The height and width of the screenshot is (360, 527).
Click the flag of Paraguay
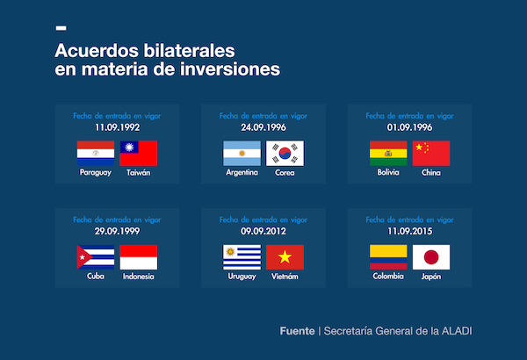point(96,153)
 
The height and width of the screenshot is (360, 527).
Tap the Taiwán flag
point(138,153)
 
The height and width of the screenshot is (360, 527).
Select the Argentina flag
point(242,153)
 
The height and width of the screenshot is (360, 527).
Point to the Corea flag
point(285,153)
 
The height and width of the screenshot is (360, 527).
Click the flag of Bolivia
point(388,153)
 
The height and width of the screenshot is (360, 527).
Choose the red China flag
point(430,153)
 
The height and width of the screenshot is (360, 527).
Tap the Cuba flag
point(96,257)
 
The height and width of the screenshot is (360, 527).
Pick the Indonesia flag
point(138,257)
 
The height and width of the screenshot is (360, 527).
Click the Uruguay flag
point(242,257)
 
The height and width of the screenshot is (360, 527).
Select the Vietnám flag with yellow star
point(285,257)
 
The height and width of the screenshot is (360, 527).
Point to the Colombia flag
point(388,257)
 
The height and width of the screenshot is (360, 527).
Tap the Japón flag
point(430,257)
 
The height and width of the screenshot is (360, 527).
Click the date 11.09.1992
point(117,127)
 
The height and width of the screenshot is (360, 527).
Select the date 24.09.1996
point(263,127)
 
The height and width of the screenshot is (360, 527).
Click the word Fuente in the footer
point(298,331)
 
